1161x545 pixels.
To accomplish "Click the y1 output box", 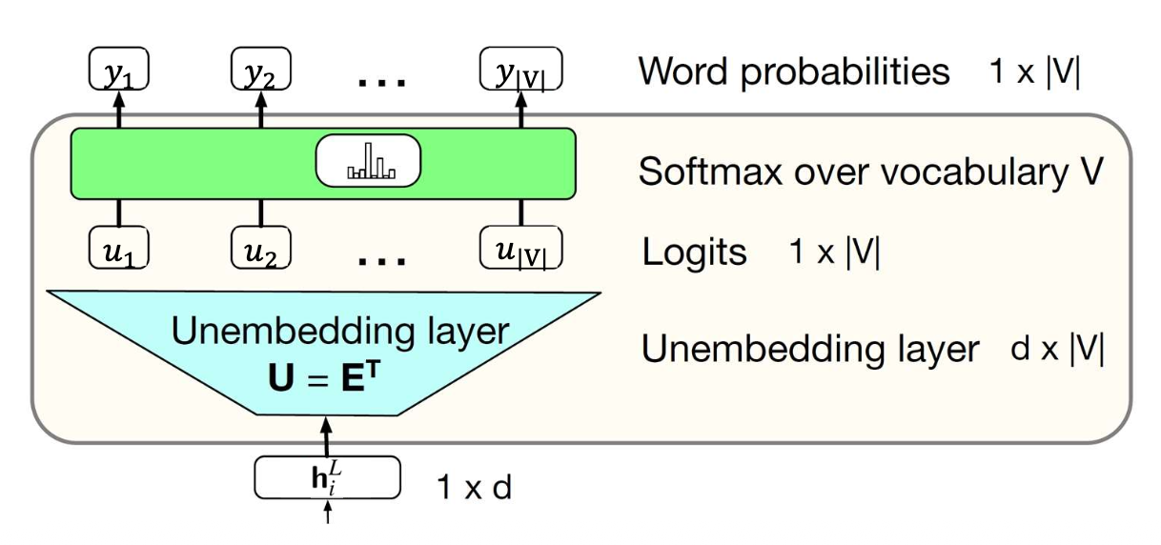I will [x=119, y=71].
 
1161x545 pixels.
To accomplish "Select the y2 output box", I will [x=260, y=71].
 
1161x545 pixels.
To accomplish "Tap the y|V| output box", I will [x=520, y=71].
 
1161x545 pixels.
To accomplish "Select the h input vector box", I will [x=327, y=476].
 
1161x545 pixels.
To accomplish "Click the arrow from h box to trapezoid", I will [x=327, y=434].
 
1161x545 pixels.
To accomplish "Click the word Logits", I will [x=694, y=252].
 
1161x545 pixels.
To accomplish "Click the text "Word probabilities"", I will [x=794, y=71].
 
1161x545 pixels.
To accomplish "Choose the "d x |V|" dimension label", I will [x=1057, y=349].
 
